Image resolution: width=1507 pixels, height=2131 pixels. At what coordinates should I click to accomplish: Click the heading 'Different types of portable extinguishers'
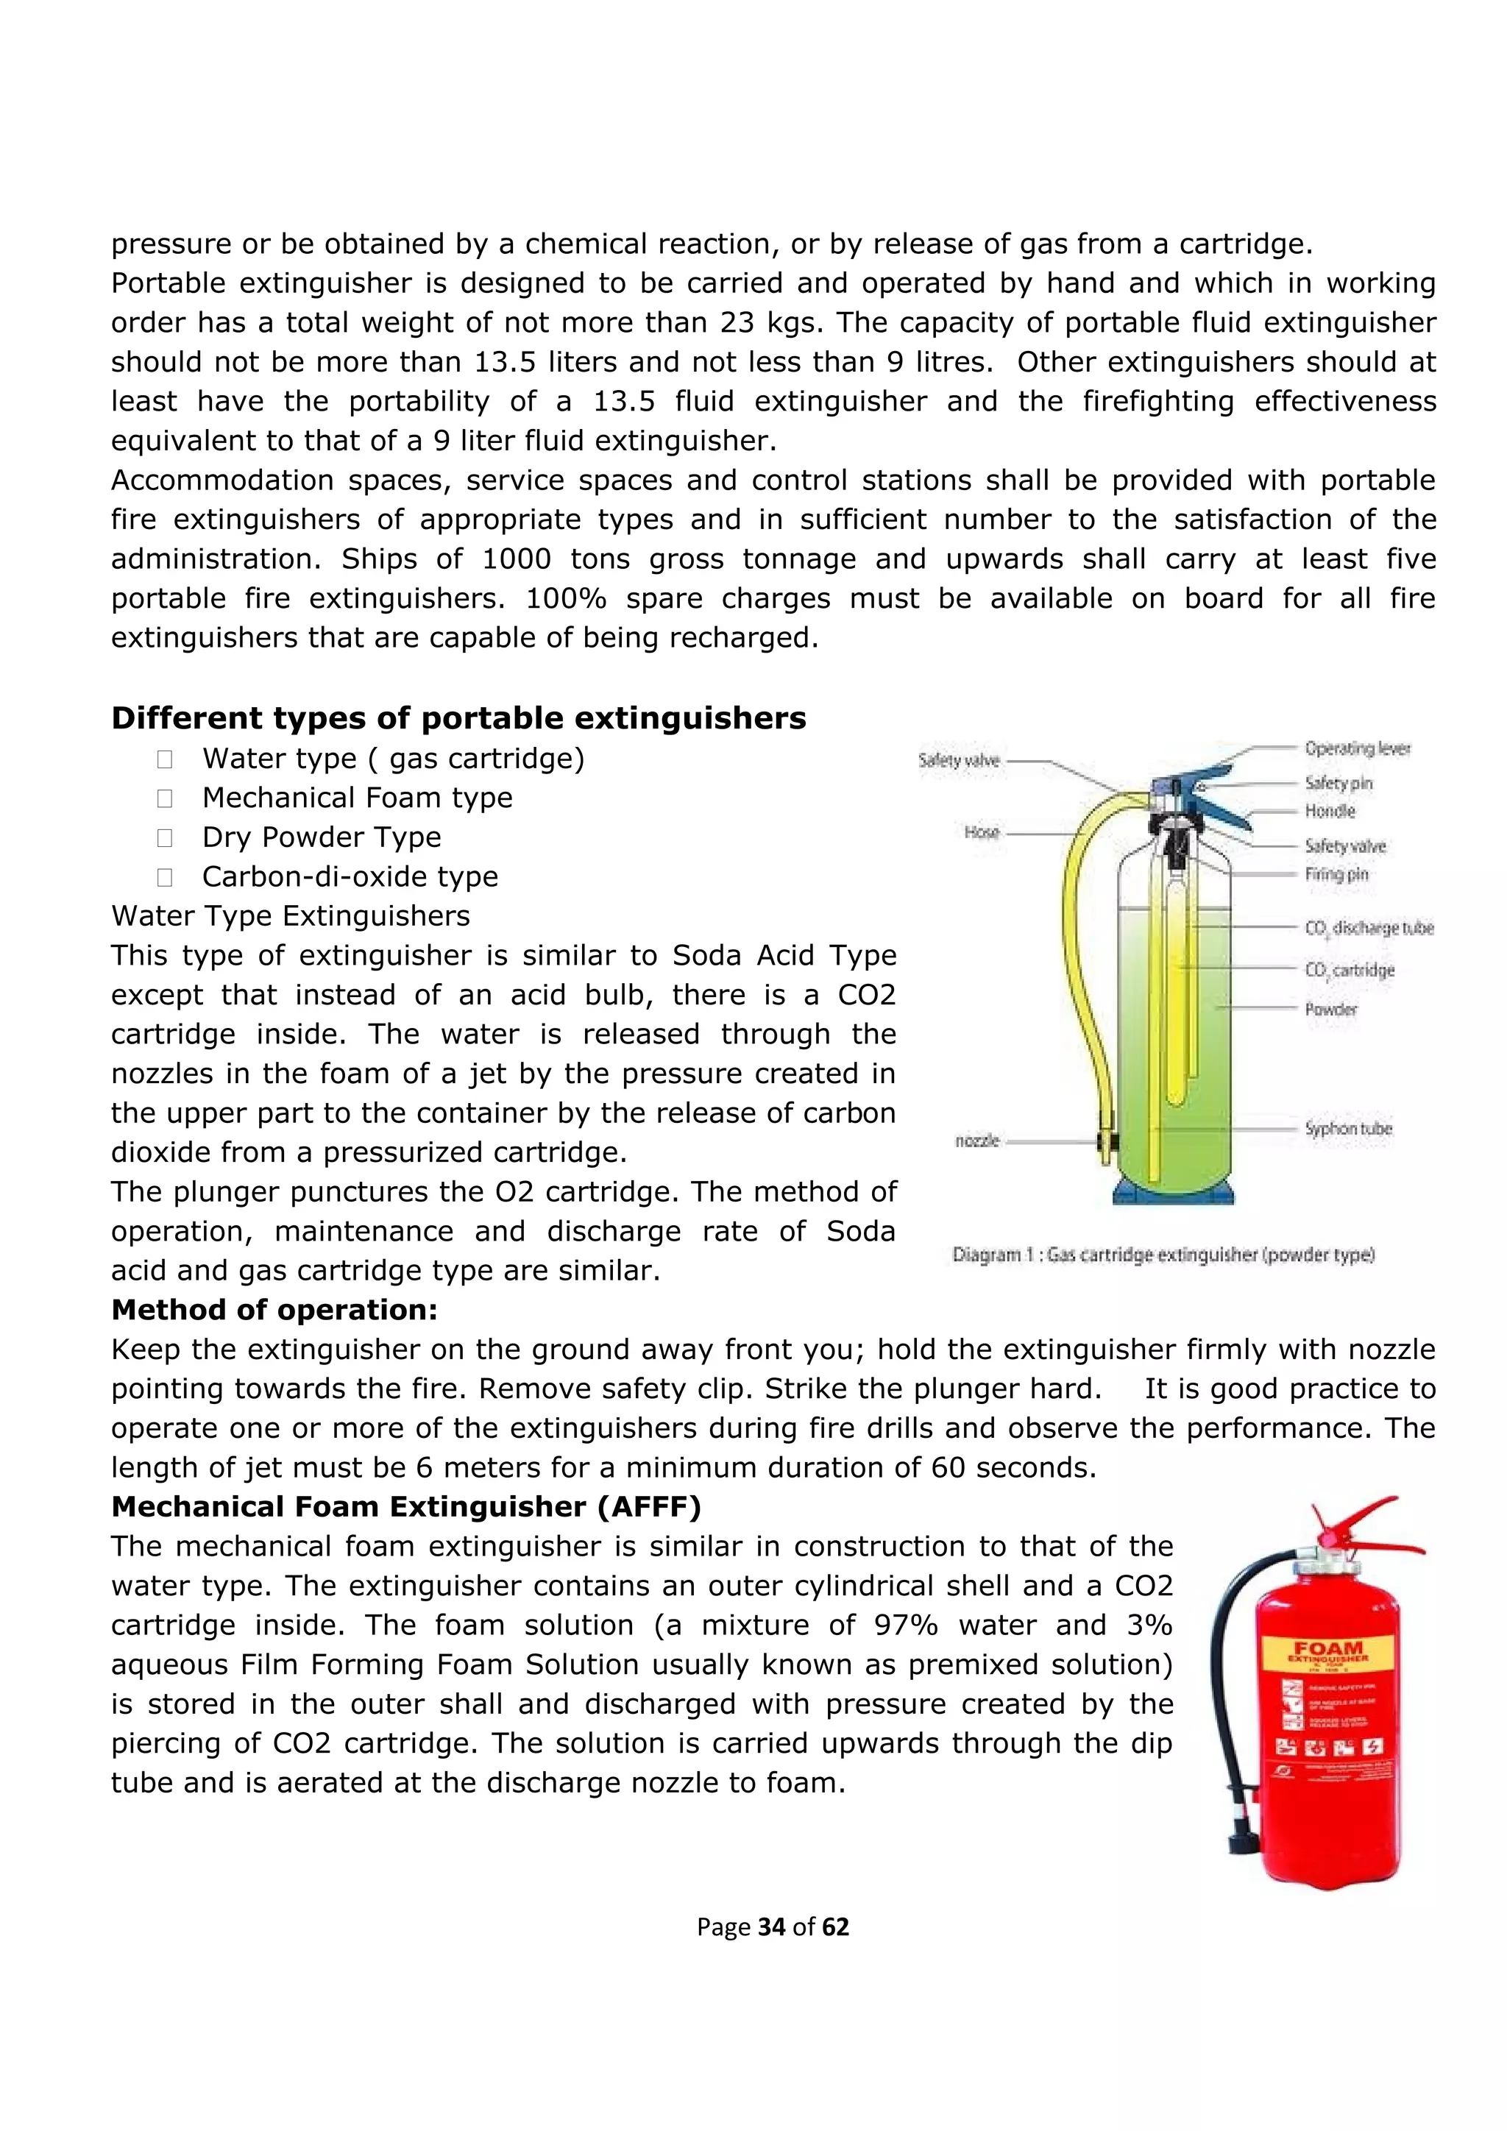[458, 718]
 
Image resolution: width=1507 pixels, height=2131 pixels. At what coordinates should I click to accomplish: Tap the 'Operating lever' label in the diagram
[1357, 748]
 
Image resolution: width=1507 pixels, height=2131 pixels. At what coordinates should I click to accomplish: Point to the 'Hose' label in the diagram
[981, 832]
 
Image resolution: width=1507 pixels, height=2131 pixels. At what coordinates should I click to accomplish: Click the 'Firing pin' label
[1336, 873]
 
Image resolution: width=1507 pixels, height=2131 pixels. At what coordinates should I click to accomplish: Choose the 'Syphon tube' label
[1348, 1129]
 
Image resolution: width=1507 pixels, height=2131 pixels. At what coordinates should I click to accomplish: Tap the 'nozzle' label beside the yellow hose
[977, 1140]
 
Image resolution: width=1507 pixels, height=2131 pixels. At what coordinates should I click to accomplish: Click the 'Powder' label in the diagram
[1330, 1009]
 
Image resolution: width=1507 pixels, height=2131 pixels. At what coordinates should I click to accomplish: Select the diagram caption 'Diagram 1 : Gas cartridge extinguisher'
[1163, 1255]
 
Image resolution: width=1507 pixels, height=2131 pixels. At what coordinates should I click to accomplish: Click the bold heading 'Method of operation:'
[274, 1310]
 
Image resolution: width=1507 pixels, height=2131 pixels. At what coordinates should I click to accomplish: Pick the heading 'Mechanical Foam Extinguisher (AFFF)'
[405, 1506]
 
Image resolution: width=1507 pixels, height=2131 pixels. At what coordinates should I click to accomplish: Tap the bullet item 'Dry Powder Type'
[321, 837]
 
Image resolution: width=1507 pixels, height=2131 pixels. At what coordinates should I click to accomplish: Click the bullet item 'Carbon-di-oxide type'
[350, 876]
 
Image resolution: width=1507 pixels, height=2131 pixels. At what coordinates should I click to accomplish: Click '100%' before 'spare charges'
[566, 599]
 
